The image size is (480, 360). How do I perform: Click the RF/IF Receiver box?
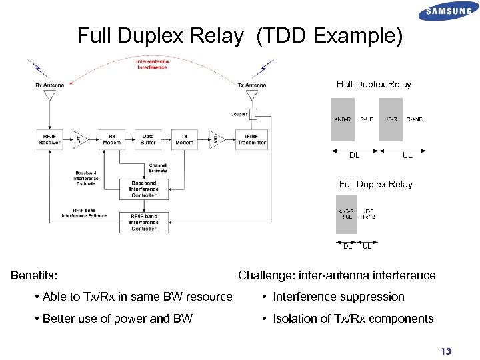tap(49, 139)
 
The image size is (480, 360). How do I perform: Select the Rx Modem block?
tap(112, 139)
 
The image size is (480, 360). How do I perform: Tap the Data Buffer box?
tap(148, 139)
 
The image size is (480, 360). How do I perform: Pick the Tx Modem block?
tap(184, 139)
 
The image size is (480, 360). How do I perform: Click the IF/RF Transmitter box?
tap(251, 139)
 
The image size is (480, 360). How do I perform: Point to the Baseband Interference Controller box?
tap(144, 189)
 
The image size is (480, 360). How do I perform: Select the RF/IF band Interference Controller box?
tap(144, 223)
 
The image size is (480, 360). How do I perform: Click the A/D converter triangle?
tap(78, 139)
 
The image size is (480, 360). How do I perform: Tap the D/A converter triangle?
tap(215, 139)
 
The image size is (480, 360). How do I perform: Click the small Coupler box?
tap(253, 114)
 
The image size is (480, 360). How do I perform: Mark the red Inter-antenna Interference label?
tap(152, 65)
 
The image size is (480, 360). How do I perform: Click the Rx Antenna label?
tap(49, 85)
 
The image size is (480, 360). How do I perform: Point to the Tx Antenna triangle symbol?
tap(253, 95)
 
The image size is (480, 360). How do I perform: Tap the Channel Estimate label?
tap(158, 167)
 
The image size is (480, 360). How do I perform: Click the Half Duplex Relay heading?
tap(373, 84)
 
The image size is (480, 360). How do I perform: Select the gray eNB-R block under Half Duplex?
tap(343, 120)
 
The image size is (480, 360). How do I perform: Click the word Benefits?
tap(34, 275)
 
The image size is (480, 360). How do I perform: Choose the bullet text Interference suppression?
tap(338, 297)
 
